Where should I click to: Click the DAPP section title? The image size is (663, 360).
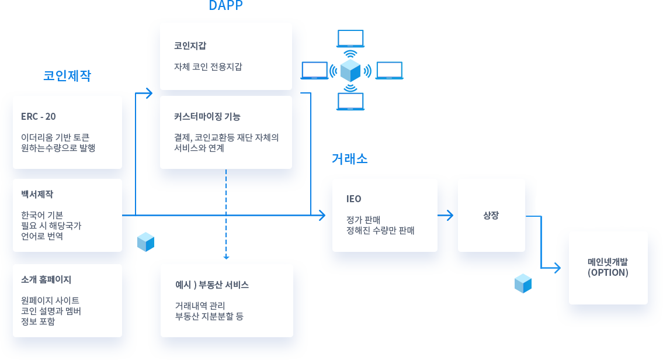225,6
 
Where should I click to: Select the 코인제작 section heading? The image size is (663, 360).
67,76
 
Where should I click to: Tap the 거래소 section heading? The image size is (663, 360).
349,158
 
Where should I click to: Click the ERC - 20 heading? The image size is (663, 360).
39,116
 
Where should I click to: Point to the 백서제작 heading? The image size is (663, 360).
37,194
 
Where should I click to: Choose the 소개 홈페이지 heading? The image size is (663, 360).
46,279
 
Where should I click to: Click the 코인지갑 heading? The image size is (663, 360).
190,46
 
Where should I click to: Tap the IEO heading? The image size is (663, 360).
354,199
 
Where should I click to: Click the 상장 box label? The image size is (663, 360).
491,215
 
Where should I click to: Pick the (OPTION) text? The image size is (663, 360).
608,272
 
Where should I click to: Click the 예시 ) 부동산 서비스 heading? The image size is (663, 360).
212,285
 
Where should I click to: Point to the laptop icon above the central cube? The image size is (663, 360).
350,39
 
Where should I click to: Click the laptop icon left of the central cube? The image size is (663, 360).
314,70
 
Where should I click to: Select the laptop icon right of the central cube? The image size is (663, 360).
389,70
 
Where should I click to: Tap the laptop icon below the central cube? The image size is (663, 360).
350,102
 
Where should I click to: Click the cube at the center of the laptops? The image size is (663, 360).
350,70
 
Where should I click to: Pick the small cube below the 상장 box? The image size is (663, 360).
523,283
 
